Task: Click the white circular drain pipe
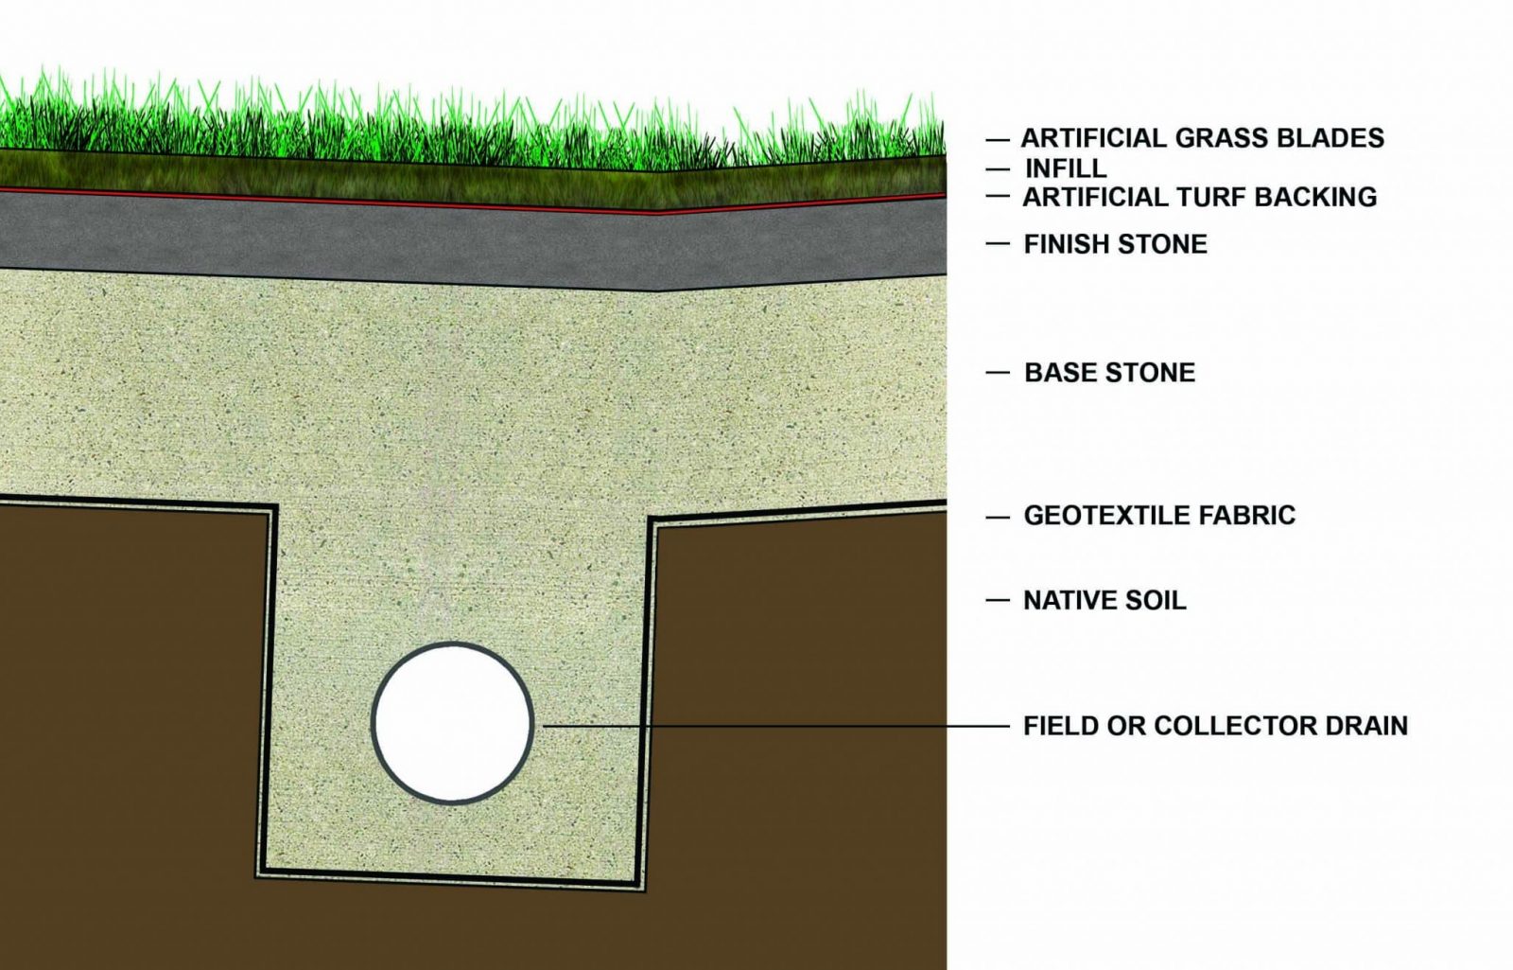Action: pos(453,723)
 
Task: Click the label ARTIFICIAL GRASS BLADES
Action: pos(1202,138)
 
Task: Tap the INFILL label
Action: pos(1066,168)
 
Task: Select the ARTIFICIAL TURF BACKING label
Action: pos(1200,197)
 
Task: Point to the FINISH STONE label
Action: pos(1115,244)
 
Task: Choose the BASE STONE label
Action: pos(1110,373)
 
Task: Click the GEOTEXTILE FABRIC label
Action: pos(1159,515)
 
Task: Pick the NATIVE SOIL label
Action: pos(1105,600)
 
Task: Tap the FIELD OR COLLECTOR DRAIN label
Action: pos(1216,726)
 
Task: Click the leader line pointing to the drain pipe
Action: pos(776,727)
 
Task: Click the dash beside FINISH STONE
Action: pos(998,243)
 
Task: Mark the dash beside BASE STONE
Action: pos(998,373)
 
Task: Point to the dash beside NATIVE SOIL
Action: pos(998,600)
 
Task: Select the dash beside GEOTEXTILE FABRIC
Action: pos(998,517)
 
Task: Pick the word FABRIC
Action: pos(1247,515)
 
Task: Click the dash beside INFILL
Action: pos(998,169)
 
